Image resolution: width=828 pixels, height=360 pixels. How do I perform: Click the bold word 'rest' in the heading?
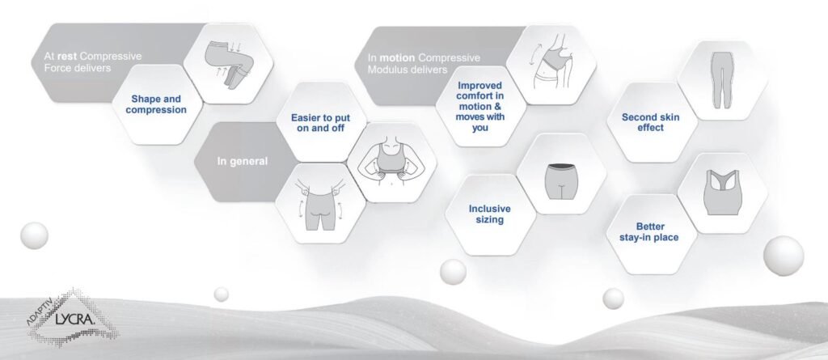(x=67, y=56)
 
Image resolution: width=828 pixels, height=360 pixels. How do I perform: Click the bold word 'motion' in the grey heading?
(x=397, y=57)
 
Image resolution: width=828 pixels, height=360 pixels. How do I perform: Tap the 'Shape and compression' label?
(x=156, y=104)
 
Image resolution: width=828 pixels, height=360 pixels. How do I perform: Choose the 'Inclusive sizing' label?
(x=489, y=214)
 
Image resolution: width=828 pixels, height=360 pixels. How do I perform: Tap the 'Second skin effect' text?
(x=651, y=122)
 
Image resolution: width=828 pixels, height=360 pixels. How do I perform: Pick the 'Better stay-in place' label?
(x=649, y=232)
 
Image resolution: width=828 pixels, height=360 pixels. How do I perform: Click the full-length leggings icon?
(x=722, y=80)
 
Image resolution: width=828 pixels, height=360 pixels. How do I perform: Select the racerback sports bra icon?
(x=722, y=192)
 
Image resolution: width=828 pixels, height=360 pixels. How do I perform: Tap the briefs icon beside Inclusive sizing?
(x=561, y=181)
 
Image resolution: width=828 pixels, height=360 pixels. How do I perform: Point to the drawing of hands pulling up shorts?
(x=320, y=204)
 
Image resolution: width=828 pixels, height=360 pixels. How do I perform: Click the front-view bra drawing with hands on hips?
(x=391, y=161)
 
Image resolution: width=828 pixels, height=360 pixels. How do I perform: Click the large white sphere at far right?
(x=783, y=256)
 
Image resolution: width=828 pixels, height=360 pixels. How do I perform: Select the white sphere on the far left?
(x=34, y=235)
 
